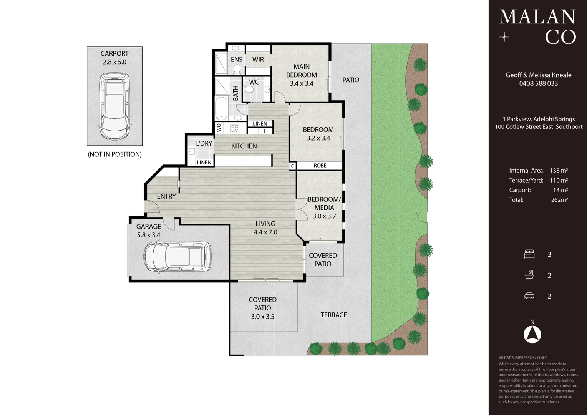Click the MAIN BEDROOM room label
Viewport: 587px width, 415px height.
302,71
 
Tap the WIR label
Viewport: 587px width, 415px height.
258,60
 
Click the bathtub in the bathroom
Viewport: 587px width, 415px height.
221,108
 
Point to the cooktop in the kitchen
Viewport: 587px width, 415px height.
235,128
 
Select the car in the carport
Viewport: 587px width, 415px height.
114,106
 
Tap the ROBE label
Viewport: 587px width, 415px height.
320,166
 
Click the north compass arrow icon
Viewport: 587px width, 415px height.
532,334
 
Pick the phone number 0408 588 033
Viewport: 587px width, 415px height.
538,83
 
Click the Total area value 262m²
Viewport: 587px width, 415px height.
559,200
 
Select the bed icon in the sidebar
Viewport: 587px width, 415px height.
529,254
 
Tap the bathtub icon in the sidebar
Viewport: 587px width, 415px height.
529,275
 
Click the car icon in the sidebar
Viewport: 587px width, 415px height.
529,296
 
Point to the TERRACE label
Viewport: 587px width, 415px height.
333,315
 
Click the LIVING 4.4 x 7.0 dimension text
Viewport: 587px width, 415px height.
265,232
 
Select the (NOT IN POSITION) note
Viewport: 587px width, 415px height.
114,154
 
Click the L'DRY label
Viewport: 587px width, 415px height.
204,143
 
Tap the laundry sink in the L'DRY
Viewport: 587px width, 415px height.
192,151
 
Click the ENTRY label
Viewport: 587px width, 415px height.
166,196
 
